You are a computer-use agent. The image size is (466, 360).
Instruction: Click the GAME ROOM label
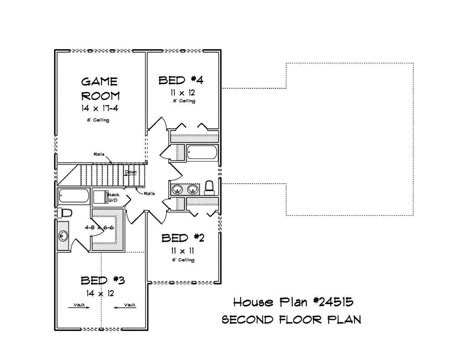tap(101, 89)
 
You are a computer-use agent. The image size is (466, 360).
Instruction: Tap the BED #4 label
tap(181, 80)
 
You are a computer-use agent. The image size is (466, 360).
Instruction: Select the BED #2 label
tap(183, 238)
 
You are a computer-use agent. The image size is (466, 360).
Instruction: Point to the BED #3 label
tap(103, 280)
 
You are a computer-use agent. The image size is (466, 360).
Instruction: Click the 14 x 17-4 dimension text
tap(100, 108)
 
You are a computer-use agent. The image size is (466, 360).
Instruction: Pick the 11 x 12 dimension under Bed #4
tap(183, 92)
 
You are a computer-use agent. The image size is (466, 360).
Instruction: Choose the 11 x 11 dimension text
tap(182, 251)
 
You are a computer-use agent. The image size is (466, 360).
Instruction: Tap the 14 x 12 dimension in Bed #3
tap(100, 294)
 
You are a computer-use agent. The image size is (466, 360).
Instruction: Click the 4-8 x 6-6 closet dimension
tap(99, 228)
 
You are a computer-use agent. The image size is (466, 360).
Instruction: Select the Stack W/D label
tap(113, 198)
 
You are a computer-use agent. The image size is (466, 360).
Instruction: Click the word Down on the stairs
tap(131, 172)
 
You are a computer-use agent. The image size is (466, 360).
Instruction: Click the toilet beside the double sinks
tap(209, 188)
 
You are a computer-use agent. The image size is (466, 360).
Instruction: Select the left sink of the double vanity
tap(178, 189)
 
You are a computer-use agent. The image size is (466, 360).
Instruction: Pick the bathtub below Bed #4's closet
tap(203, 152)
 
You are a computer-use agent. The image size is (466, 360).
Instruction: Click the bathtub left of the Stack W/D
tap(74, 196)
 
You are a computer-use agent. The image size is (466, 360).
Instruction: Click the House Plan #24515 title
tap(293, 302)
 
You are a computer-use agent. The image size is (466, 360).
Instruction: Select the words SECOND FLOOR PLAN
tap(292, 320)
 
